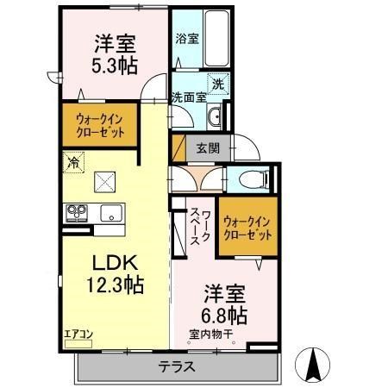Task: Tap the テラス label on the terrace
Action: (176, 366)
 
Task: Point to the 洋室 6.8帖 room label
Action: (226, 303)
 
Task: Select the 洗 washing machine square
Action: (218, 85)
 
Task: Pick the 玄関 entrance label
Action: (208, 148)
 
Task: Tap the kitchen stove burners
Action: (77, 212)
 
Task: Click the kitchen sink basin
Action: (112, 213)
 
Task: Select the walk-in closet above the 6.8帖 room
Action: (249, 227)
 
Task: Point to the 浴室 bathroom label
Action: (187, 39)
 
